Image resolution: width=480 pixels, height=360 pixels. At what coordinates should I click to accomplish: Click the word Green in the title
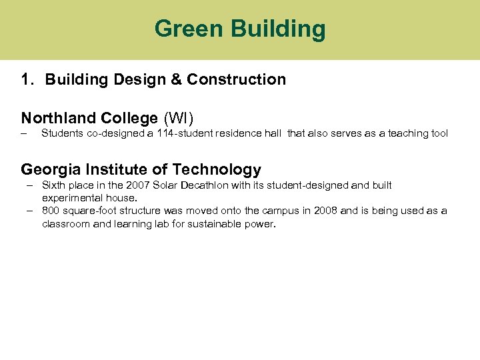[x=189, y=29]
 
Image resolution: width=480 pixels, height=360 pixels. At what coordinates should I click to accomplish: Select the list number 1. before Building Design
[x=27, y=80]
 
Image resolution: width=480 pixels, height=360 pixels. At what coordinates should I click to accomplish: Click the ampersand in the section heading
[x=176, y=80]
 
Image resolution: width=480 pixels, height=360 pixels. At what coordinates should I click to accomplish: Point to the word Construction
[x=236, y=80]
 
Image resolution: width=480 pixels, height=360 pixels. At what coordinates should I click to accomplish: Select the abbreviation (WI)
[x=178, y=119]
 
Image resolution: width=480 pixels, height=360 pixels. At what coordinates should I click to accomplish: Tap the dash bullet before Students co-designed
[x=24, y=133]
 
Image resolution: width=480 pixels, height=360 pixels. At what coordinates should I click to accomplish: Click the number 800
[x=51, y=211]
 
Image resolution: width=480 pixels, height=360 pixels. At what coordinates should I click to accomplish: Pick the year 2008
[x=325, y=211]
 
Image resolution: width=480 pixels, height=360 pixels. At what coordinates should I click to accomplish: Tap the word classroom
[x=65, y=224]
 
